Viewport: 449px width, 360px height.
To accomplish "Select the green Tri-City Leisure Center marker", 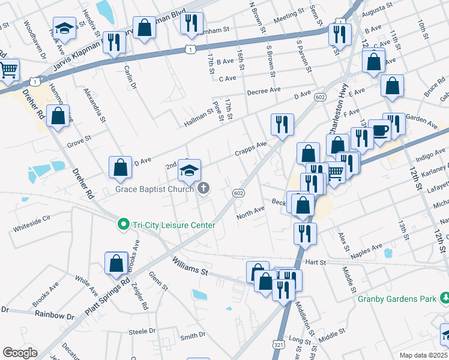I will click(124, 224).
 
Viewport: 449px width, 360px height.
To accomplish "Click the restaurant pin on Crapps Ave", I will click(282, 125).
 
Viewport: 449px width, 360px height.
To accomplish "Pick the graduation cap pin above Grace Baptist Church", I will click(189, 170).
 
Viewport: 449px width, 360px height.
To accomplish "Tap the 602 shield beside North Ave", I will click(238, 192).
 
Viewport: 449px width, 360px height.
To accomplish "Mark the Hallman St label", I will click(198, 119).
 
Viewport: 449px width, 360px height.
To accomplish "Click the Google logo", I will click(20, 352).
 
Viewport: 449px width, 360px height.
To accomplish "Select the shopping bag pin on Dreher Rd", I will click(58, 117).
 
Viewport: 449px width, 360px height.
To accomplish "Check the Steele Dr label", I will click(142, 331).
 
